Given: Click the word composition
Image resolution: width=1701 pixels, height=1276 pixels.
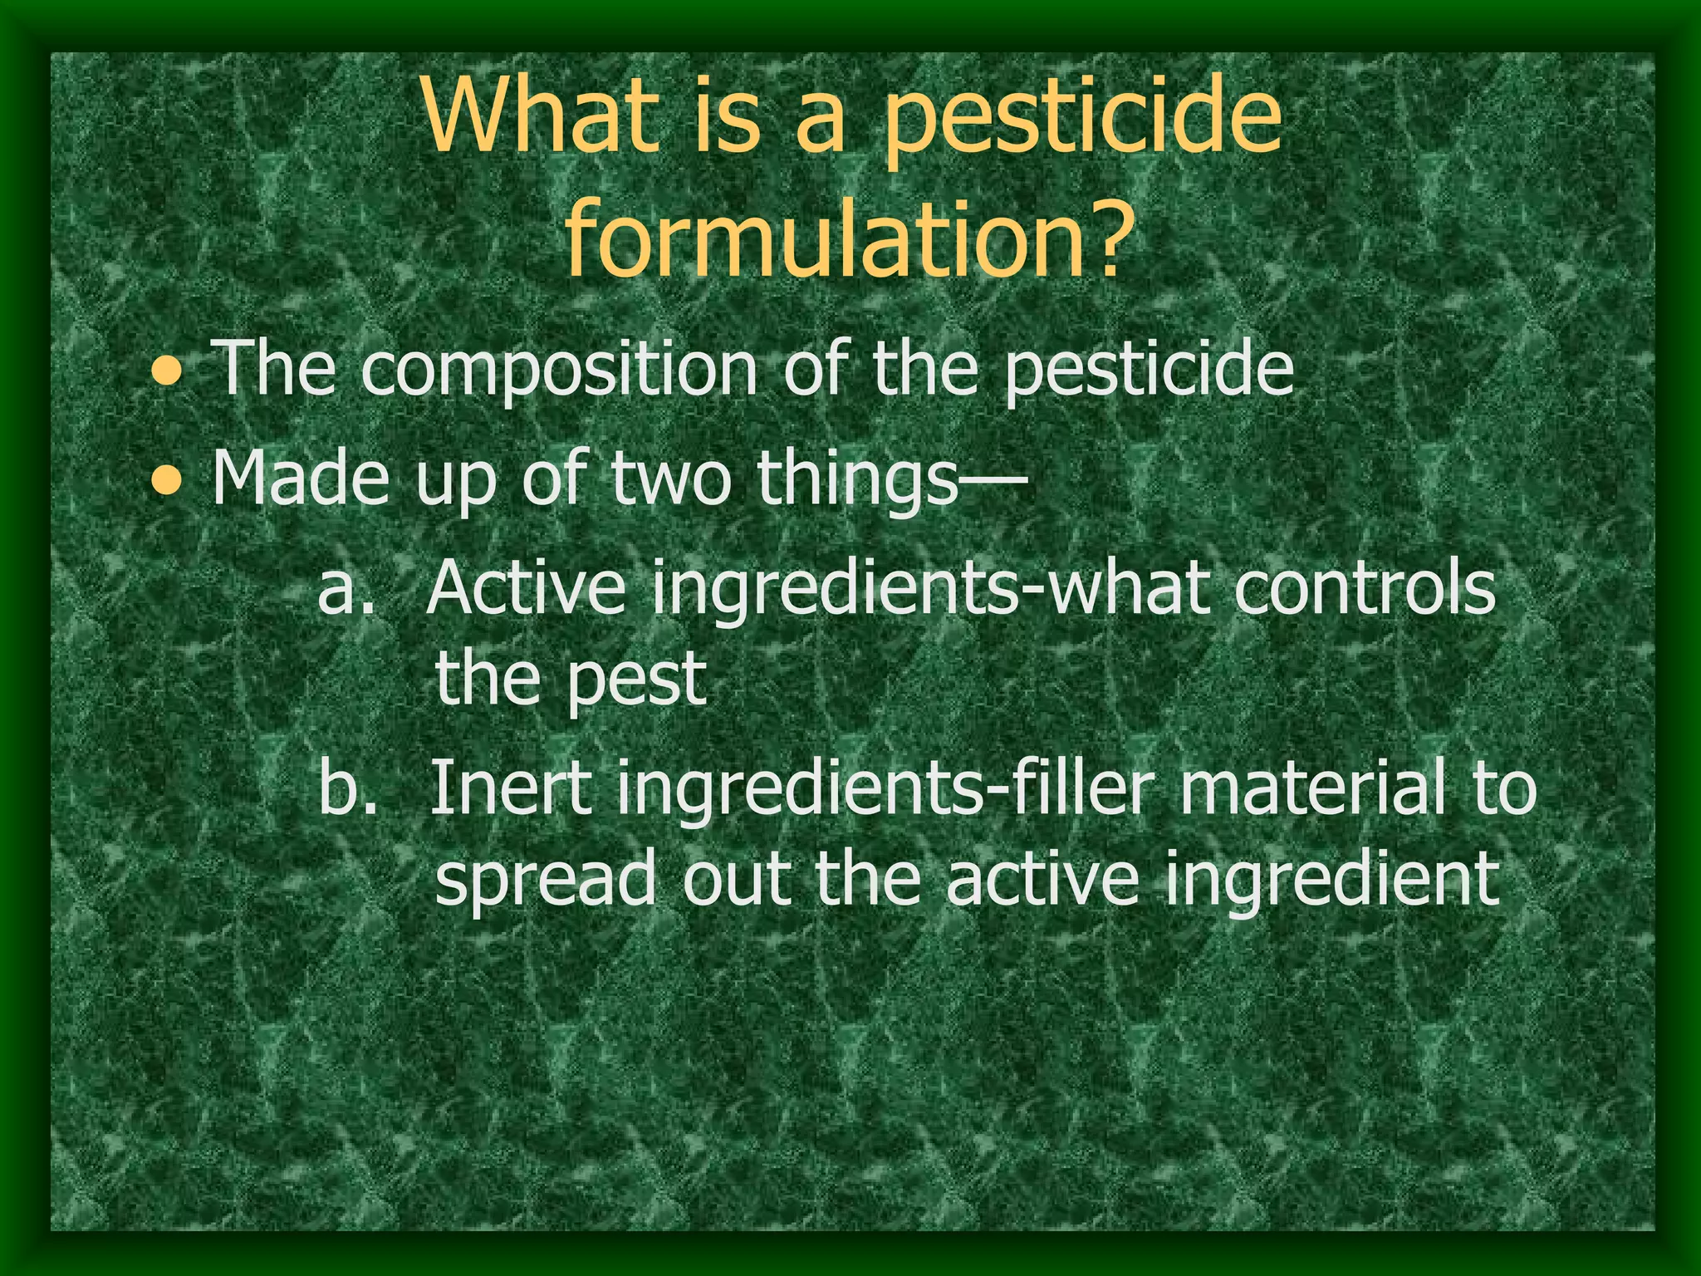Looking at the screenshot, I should click(x=560, y=371).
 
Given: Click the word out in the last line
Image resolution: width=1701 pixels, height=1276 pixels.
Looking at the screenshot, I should click(x=736, y=881).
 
